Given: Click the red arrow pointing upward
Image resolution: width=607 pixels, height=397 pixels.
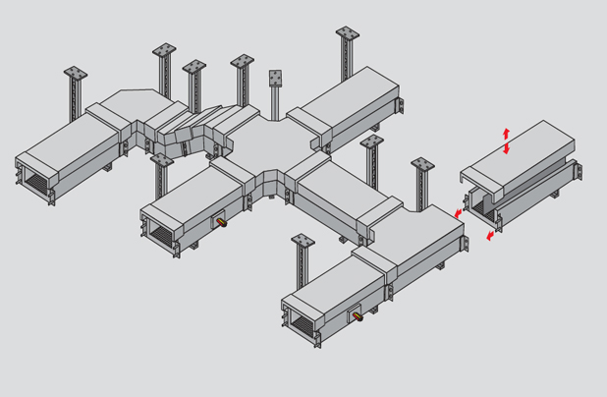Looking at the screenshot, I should click(507, 133).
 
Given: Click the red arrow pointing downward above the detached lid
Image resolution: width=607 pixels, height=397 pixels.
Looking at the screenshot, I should click(507, 148).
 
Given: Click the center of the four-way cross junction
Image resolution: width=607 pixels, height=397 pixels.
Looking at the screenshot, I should click(258, 146).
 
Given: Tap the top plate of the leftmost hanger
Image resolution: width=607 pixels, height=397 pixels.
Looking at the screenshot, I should click(76, 74).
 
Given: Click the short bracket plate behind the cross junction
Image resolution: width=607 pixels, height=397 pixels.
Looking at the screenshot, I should click(276, 79).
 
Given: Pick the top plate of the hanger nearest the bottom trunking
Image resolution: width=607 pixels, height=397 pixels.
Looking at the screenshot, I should click(303, 240).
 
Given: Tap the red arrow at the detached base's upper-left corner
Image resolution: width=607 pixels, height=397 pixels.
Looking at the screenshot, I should click(457, 212).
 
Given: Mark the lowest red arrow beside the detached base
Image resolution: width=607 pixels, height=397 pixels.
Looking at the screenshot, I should click(490, 236).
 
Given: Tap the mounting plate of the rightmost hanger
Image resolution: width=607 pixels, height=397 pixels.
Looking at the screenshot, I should click(422, 164).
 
